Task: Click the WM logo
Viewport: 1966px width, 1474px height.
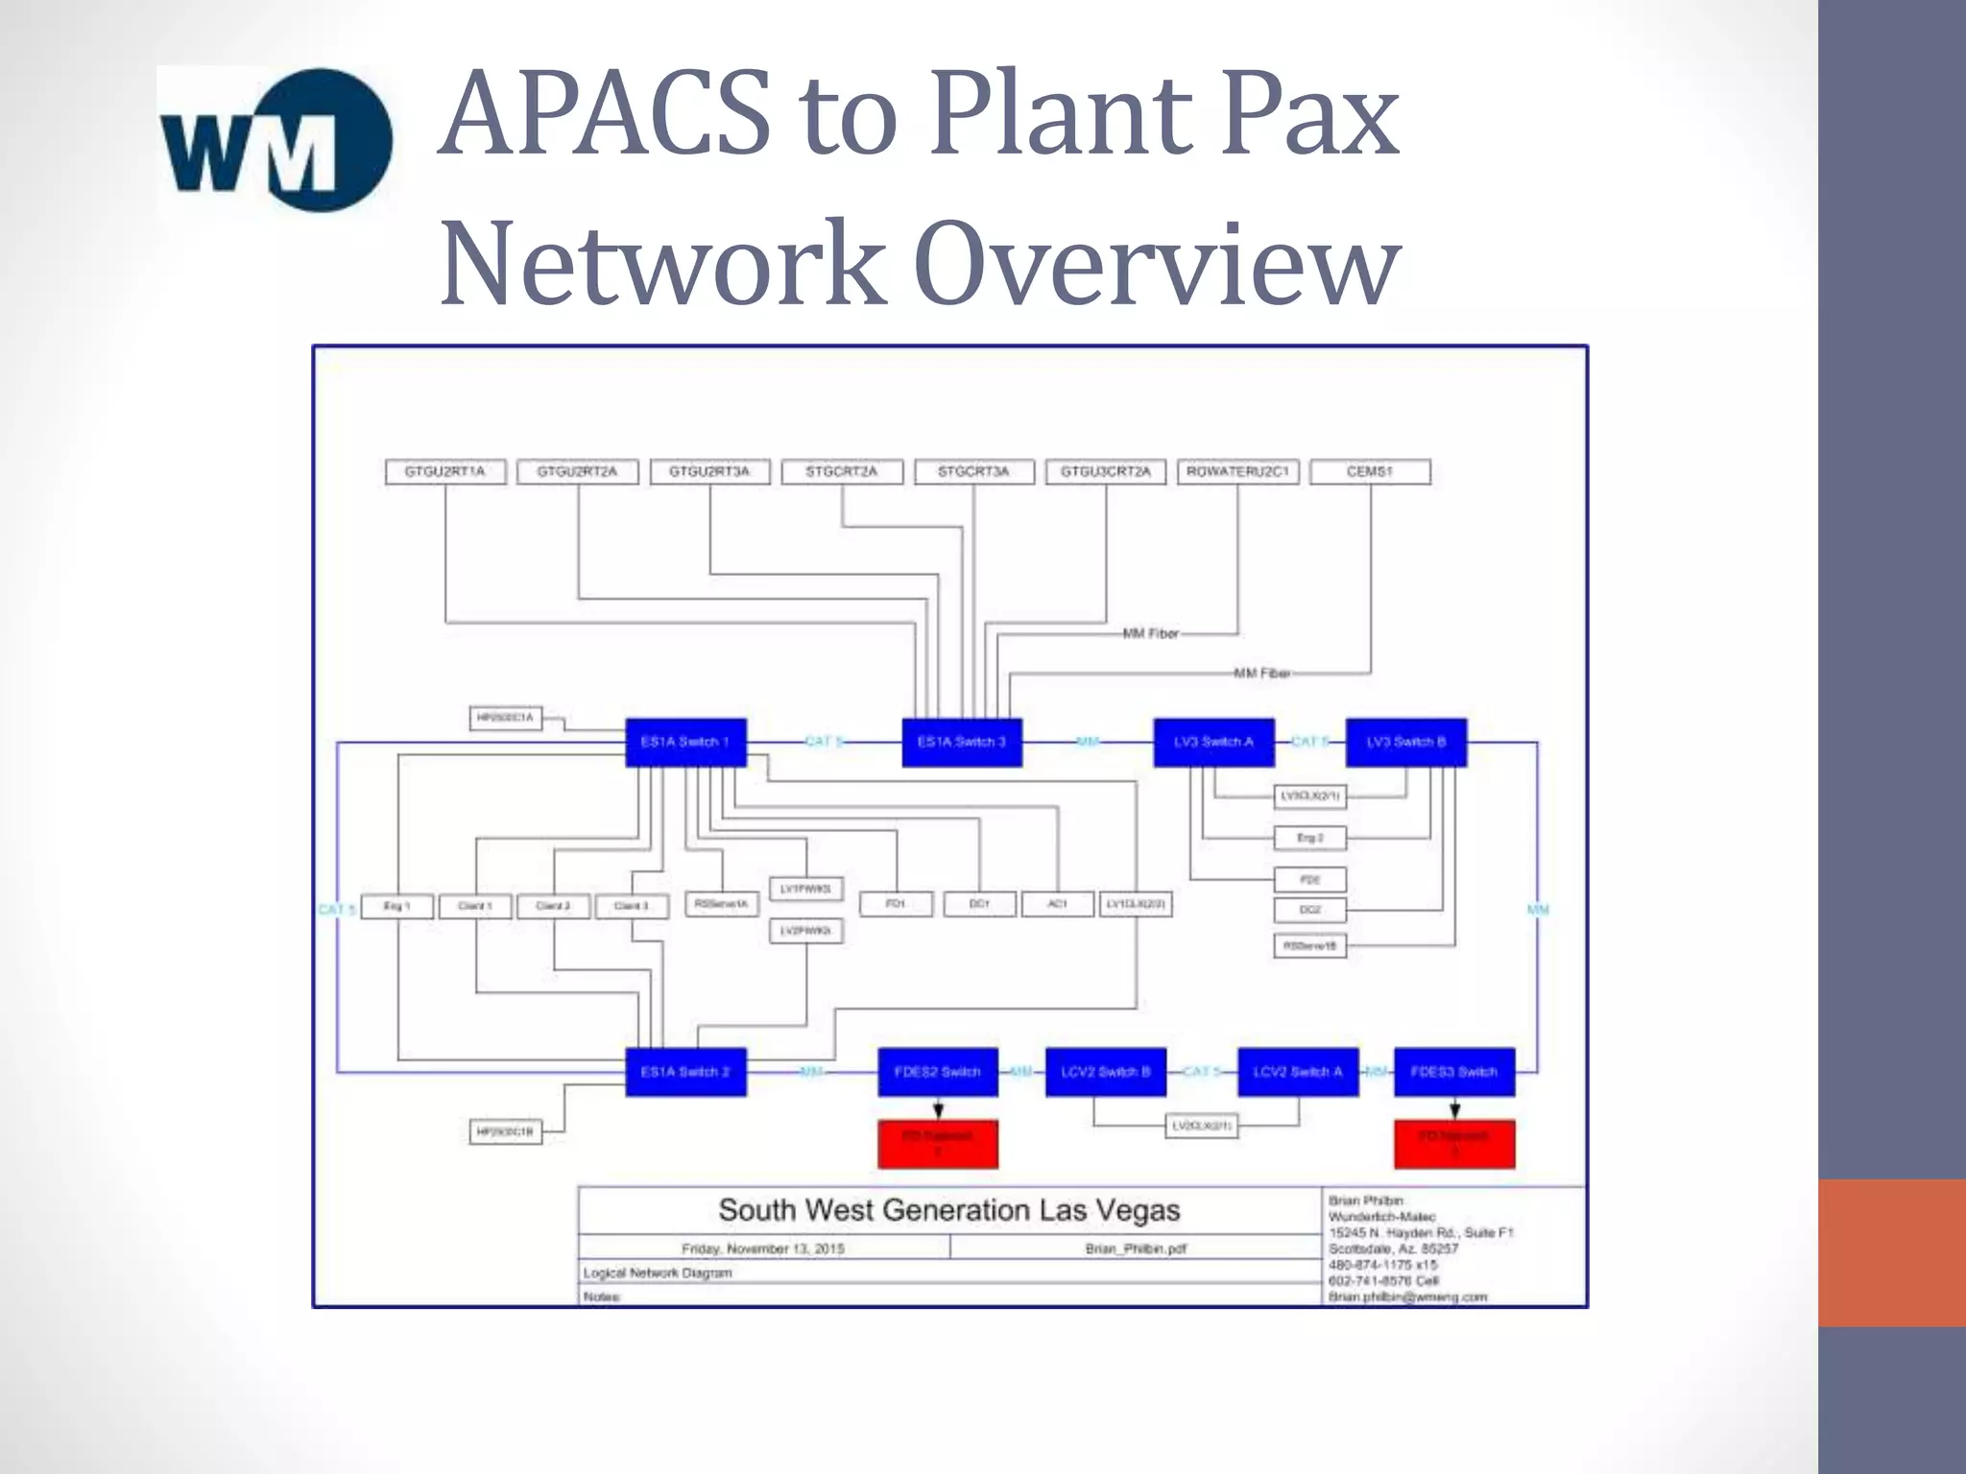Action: [x=276, y=140]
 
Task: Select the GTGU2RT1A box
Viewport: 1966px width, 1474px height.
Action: [x=444, y=471]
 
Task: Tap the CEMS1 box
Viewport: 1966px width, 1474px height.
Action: [x=1370, y=471]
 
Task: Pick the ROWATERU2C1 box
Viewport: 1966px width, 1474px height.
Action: [x=1237, y=471]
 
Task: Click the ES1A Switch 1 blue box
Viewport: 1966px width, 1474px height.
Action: [x=685, y=742]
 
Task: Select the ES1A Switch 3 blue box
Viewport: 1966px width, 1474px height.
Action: [x=961, y=742]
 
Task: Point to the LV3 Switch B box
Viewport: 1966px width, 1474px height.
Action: [x=1405, y=742]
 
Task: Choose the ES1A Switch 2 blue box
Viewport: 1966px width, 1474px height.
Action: [x=685, y=1071]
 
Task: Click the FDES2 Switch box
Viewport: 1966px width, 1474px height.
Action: [x=937, y=1071]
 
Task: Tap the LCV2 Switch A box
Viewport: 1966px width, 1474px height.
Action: [x=1298, y=1071]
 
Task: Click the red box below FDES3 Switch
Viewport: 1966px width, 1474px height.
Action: [x=1453, y=1144]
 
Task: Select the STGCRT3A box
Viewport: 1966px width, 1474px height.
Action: [x=973, y=471]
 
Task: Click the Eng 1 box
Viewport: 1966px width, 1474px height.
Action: [x=396, y=906]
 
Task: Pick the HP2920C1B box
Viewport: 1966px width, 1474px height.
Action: [x=505, y=1132]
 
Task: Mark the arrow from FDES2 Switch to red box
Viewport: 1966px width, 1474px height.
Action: [x=938, y=1109]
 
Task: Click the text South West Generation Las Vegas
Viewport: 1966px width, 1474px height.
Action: [x=948, y=1210]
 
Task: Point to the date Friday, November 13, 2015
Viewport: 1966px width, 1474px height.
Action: [x=763, y=1248]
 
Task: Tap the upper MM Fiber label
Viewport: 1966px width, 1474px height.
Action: [x=1150, y=633]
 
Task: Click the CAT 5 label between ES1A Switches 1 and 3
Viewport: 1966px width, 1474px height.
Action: [x=823, y=742]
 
